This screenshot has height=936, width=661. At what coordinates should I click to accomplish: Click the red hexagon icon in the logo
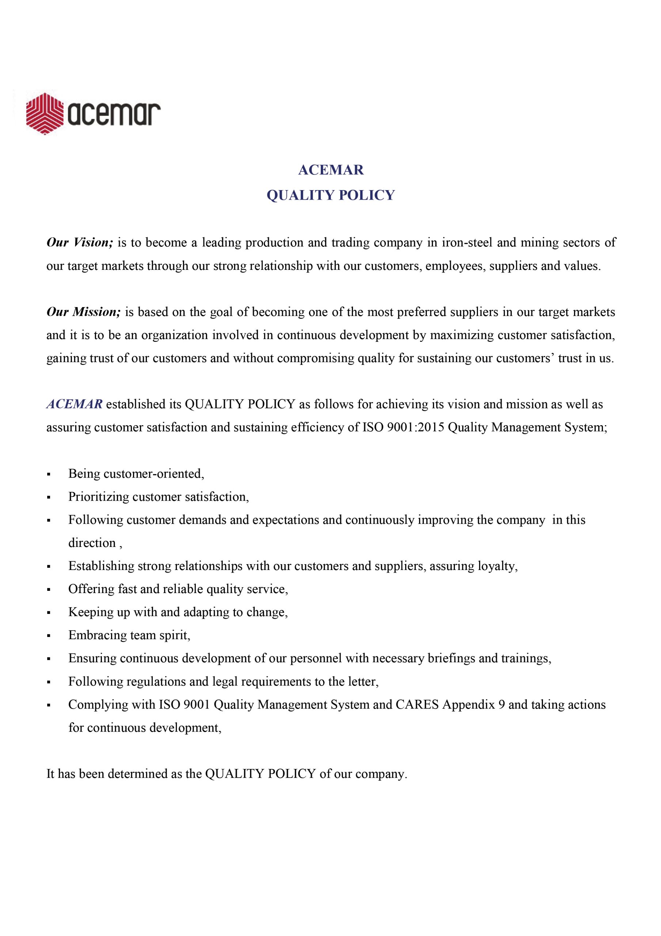45,113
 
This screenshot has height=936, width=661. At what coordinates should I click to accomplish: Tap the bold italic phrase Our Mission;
84,312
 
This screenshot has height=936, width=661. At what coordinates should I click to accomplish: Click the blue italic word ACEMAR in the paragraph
75,404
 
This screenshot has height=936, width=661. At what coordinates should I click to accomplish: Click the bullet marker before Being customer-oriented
49,475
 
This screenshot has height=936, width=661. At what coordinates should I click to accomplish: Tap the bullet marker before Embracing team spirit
49,636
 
